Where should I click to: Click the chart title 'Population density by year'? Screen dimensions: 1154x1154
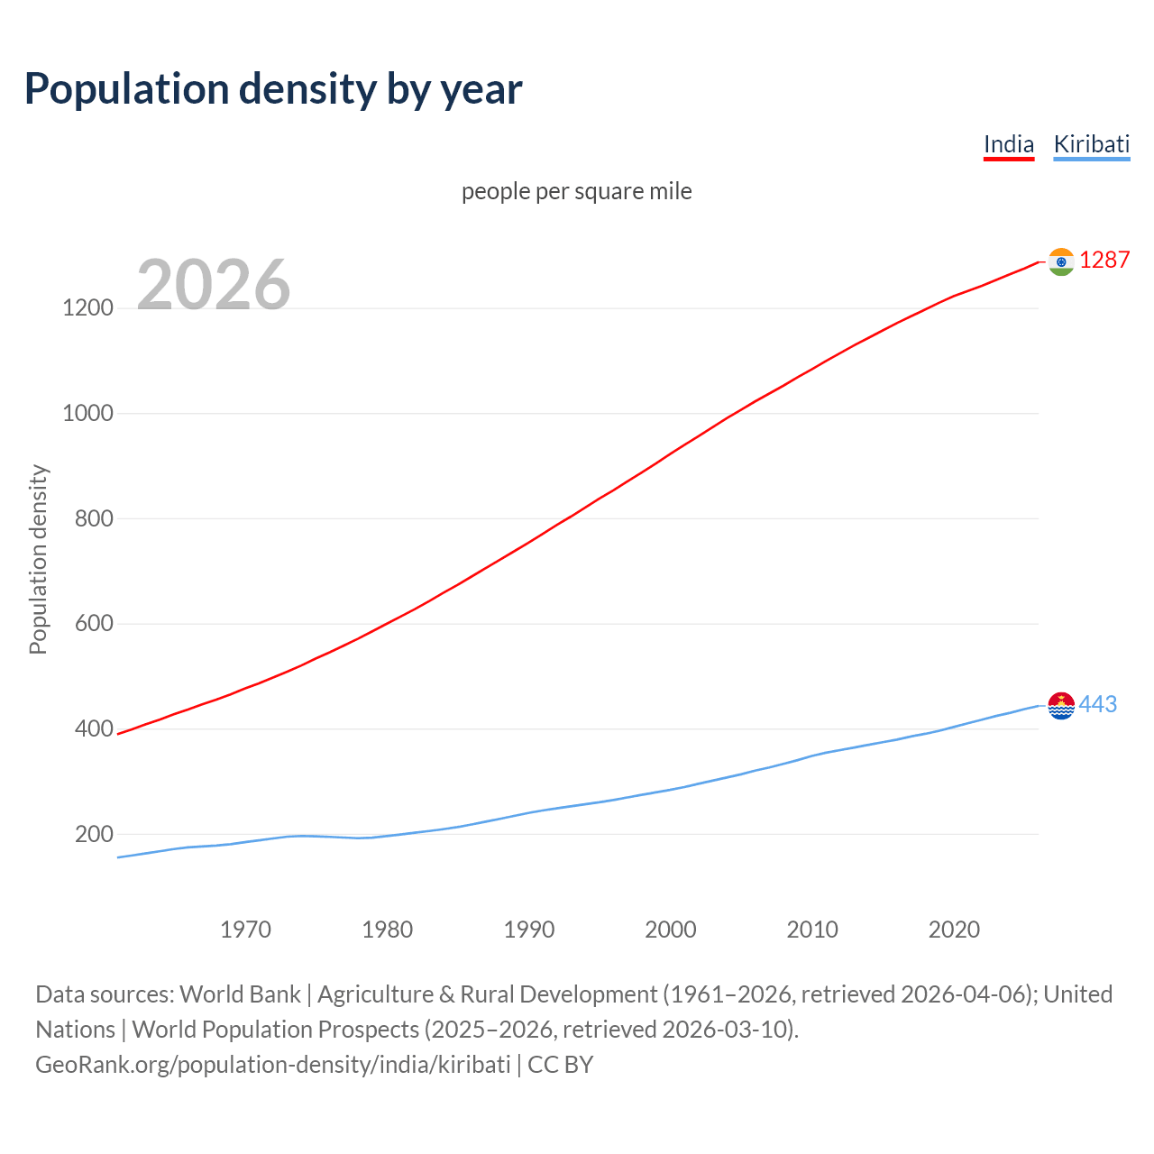[273, 89]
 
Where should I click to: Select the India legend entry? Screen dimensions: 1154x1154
[1008, 144]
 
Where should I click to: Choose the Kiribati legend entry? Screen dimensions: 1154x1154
[1091, 144]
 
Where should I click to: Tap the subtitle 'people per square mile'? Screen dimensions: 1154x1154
[576, 191]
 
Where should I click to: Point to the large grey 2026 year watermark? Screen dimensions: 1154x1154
[214, 285]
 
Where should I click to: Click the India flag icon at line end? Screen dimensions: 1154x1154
[1061, 261]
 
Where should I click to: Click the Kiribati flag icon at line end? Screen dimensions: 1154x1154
[1061, 705]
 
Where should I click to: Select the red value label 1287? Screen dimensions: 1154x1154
[1104, 260]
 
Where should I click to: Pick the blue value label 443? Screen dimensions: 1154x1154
[1097, 704]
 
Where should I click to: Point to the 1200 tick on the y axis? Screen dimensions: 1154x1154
[87, 308]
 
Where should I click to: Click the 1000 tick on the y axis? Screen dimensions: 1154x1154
[87, 414]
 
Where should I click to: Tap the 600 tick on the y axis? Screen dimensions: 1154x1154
[94, 624]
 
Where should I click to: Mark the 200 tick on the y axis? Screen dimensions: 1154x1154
[94, 835]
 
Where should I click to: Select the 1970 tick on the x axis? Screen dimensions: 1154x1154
[245, 930]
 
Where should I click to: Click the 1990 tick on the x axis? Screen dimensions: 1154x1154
[529, 930]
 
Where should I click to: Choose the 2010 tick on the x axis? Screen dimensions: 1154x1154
[812, 930]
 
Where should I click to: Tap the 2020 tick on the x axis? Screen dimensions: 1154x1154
[954, 930]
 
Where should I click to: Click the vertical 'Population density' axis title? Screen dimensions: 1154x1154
[38, 559]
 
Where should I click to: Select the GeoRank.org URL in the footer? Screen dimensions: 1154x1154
[273, 1065]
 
